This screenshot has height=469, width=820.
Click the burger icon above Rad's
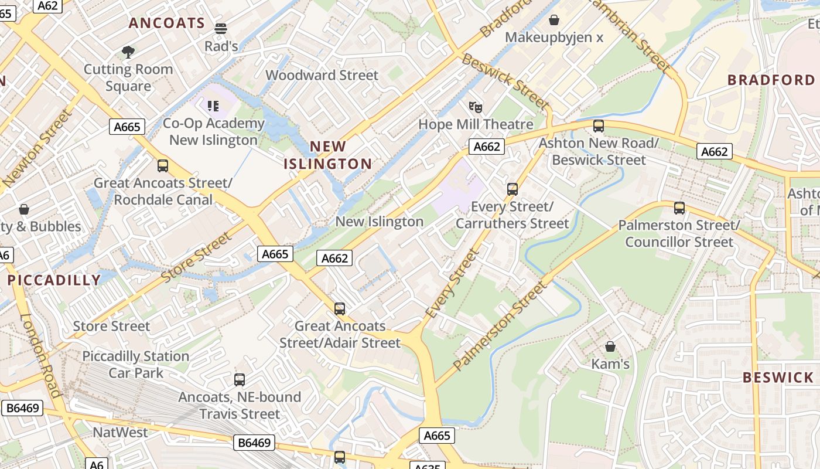pyautogui.click(x=221, y=28)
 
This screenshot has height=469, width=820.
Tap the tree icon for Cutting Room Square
pyautogui.click(x=128, y=52)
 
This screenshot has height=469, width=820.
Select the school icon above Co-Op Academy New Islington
pyautogui.click(x=213, y=106)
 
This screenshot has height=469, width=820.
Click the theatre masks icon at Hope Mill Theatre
pyautogui.click(x=476, y=107)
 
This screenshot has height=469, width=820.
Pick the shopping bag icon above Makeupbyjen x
pyautogui.click(x=554, y=21)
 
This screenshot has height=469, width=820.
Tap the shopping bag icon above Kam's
pyautogui.click(x=610, y=346)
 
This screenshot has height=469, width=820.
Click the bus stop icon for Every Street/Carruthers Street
pyautogui.click(x=512, y=189)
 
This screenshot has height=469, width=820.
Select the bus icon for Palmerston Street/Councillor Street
pyautogui.click(x=679, y=208)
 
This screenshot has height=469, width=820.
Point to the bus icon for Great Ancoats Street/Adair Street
pyautogui.click(x=340, y=309)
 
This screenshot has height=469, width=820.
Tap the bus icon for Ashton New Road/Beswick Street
pyautogui.click(x=599, y=126)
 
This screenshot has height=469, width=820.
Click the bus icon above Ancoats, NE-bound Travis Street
pyautogui.click(x=240, y=380)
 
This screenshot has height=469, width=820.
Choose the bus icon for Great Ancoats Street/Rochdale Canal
pyautogui.click(x=163, y=166)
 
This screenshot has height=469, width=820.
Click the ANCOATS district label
pyautogui.click(x=167, y=23)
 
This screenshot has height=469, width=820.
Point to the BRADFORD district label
pyautogui.click(x=771, y=80)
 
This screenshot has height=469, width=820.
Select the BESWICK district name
pyautogui.click(x=778, y=378)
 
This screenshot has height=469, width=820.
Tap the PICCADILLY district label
pyautogui.click(x=54, y=280)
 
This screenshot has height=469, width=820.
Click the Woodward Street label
pyautogui.click(x=322, y=75)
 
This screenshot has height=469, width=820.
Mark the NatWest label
pyautogui.click(x=121, y=433)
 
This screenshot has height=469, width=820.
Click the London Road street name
pyautogui.click(x=41, y=355)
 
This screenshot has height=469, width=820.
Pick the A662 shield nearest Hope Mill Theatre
pyautogui.click(x=486, y=147)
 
